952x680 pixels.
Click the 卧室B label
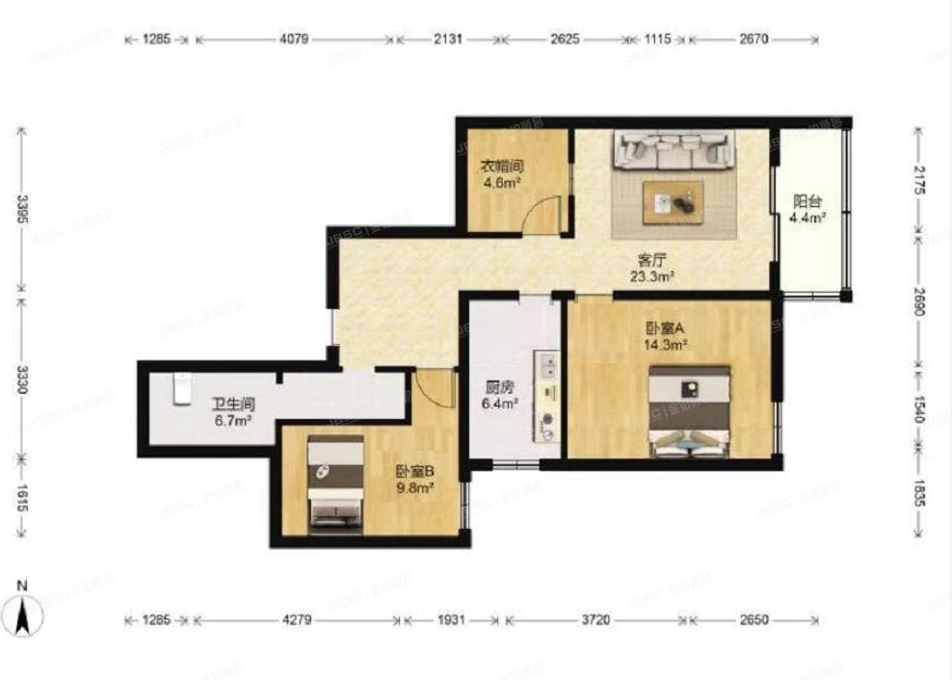[414, 472]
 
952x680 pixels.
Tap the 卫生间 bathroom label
[232, 405]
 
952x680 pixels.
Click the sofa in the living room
[674, 150]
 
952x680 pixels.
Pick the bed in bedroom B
[334, 484]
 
